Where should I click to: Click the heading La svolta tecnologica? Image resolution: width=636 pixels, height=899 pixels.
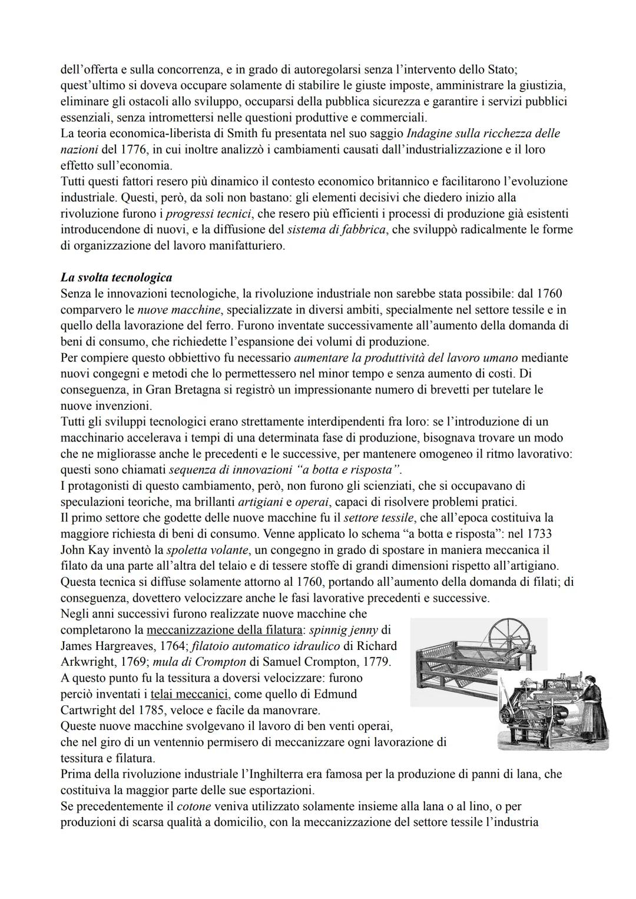coord(116,277)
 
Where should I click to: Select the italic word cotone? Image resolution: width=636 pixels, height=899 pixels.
coord(194,806)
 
